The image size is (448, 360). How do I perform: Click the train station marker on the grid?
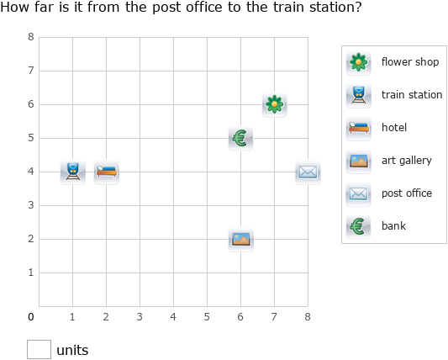click(x=73, y=172)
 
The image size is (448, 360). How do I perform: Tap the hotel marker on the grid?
click(x=107, y=172)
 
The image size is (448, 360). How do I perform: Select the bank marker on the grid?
click(x=240, y=139)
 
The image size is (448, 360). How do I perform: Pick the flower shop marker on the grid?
click(x=274, y=105)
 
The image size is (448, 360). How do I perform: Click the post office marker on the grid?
click(x=308, y=172)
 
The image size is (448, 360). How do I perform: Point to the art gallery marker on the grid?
click(x=240, y=240)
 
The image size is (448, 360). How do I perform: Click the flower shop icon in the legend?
click(x=359, y=62)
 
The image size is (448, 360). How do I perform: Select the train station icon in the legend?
click(x=359, y=95)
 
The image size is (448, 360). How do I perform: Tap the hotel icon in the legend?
click(x=359, y=128)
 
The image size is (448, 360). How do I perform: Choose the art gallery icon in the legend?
click(x=359, y=161)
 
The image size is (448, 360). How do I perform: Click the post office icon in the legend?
click(x=359, y=193)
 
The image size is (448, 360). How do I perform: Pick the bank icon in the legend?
click(x=359, y=226)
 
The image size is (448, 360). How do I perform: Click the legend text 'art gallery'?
click(x=406, y=161)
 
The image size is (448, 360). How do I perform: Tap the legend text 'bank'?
click(x=393, y=226)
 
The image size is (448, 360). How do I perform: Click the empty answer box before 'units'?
click(x=39, y=349)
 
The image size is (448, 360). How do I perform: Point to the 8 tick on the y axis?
click(x=31, y=38)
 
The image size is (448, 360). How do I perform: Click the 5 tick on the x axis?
click(x=207, y=317)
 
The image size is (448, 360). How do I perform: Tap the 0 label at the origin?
click(x=31, y=317)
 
